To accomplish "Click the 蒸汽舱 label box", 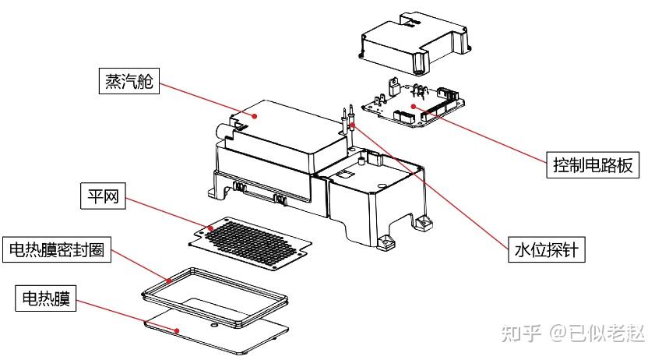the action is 129,81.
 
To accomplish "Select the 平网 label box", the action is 103,196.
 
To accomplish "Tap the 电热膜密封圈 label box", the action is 57,249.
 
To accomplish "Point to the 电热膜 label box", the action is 46,298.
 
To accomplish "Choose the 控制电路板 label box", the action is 593,164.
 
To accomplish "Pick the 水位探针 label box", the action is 546,249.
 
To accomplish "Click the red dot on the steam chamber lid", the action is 255,115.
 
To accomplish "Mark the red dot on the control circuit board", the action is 414,106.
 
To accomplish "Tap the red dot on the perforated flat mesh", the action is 211,228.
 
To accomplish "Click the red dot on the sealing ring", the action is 169,281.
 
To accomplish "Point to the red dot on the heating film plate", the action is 177,330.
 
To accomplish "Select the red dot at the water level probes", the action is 353,125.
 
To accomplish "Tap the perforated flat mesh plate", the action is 250,244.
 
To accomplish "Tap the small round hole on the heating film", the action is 214,326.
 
